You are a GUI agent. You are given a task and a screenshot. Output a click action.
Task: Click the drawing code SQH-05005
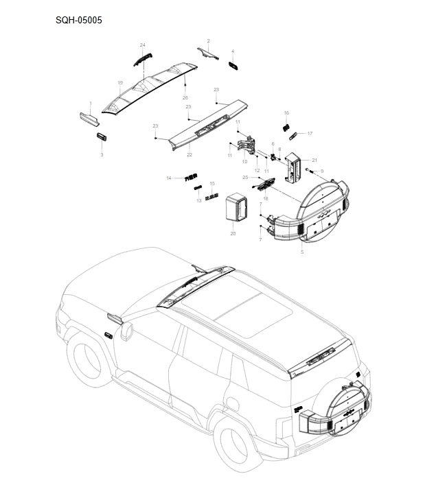point(79,21)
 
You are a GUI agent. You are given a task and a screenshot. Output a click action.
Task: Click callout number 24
point(143,45)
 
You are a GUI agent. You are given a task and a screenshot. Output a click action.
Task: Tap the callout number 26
point(185,98)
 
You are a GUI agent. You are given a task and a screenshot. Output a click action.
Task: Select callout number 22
point(190,155)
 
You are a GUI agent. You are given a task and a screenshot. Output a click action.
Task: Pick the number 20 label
point(233,234)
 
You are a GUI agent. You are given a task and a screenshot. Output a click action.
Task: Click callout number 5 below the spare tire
point(301,252)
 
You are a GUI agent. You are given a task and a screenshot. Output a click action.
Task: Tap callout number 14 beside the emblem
point(169,178)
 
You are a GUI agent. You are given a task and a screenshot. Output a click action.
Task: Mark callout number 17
point(310,133)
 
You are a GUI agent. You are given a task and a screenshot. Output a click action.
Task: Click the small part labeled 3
point(102,136)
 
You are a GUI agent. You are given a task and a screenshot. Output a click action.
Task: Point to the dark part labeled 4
point(233,65)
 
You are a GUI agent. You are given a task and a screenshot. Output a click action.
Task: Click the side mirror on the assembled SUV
point(126,331)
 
